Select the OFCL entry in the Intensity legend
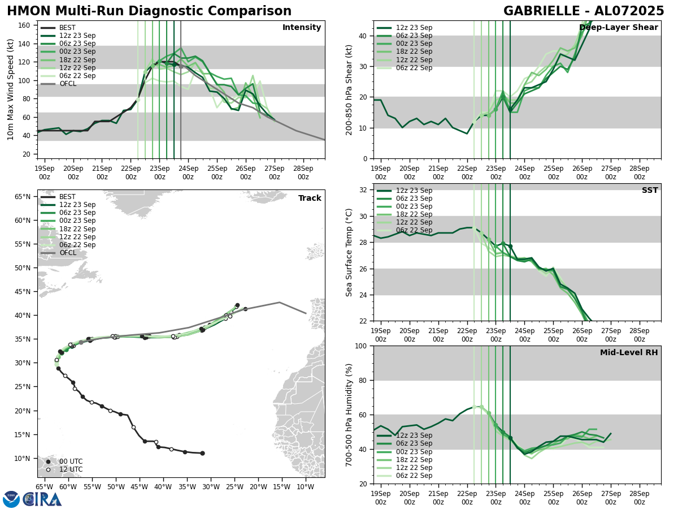point(67,84)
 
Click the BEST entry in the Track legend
point(67,197)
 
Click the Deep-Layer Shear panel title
point(618,28)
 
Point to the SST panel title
point(650,191)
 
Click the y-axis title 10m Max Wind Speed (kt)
point(11,89)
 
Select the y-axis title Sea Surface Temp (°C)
point(349,252)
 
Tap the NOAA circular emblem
point(11,499)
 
